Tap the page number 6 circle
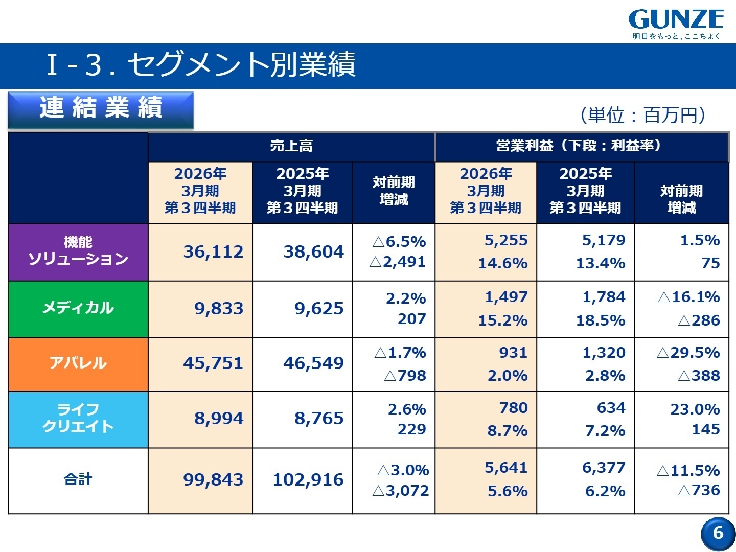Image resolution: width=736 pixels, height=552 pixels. click(718, 533)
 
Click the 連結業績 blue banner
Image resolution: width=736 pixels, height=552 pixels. click(101, 109)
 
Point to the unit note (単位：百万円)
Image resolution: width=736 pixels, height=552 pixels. click(643, 115)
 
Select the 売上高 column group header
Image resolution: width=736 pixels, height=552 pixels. click(291, 146)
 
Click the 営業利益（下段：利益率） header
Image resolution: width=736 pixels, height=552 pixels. click(581, 146)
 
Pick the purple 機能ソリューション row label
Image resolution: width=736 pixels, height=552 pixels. click(78, 251)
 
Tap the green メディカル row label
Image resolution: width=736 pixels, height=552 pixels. click(78, 308)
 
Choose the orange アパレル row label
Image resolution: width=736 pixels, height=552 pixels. click(78, 363)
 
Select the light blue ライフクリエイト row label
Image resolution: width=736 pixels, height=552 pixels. click(78, 419)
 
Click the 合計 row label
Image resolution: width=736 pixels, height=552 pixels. click(78, 479)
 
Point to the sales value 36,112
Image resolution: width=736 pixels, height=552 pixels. click(213, 251)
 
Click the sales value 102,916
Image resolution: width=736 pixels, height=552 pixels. click(308, 479)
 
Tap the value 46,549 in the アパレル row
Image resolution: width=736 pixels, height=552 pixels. click(313, 363)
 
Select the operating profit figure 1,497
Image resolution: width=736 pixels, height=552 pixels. click(506, 297)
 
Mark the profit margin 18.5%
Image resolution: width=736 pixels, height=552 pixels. click(601, 320)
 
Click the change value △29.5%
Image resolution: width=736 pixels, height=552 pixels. click(688, 353)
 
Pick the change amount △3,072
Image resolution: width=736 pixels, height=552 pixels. click(400, 491)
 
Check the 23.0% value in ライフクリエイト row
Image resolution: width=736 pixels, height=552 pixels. click(695, 409)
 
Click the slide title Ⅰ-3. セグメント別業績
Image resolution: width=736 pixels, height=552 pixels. click(201, 65)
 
